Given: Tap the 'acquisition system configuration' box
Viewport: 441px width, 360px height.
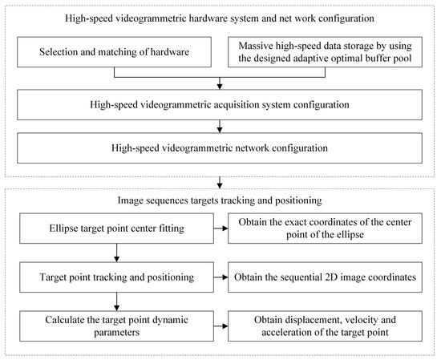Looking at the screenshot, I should pos(219,103).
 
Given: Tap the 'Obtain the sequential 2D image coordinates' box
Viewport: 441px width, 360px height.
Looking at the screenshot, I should pos(324,277).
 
